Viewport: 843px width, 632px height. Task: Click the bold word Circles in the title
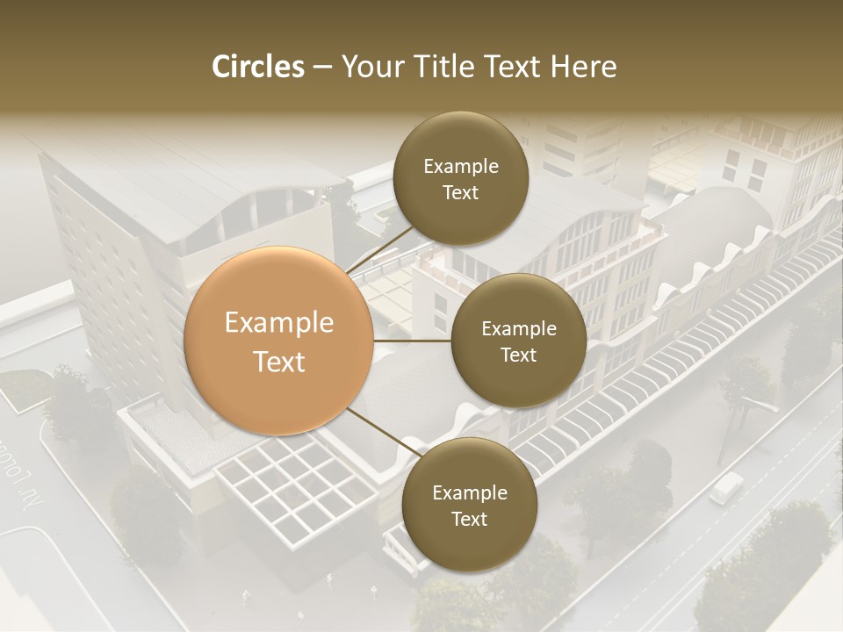258,67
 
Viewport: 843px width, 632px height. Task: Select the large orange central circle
279,341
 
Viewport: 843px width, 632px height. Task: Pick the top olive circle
460,178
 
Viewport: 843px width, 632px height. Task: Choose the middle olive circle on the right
518,341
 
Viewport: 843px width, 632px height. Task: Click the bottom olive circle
469,505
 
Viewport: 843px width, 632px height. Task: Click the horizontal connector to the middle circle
413,341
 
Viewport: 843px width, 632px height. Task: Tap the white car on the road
725,487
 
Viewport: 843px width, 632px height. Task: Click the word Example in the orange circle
279,323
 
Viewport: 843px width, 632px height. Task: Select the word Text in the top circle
460,192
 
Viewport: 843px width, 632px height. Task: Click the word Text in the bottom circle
469,519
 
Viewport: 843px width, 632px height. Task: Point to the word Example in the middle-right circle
518,328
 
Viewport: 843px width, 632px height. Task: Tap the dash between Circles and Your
322,67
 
